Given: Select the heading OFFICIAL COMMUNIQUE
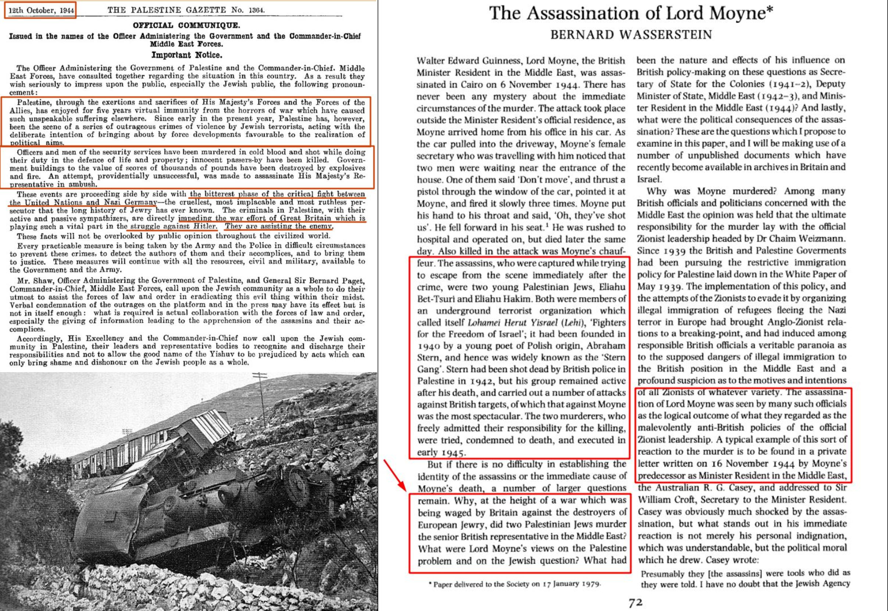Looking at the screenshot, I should click(x=186, y=26).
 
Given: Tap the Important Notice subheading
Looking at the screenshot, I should click(x=186, y=55).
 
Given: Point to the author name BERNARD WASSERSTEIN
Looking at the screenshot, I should click(x=631, y=35).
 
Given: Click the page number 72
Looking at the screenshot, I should click(x=635, y=601).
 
